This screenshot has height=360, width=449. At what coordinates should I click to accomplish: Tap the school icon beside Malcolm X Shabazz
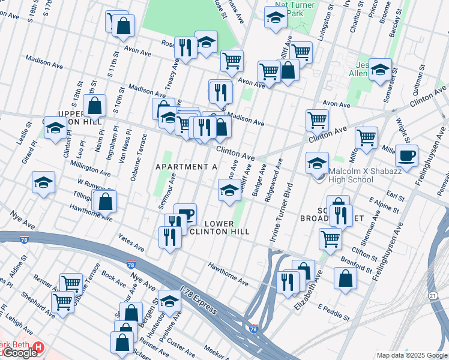coord(318,163)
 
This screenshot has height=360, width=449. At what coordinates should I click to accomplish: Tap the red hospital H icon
coord(38,347)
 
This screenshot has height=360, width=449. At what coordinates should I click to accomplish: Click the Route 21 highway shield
coord(432,296)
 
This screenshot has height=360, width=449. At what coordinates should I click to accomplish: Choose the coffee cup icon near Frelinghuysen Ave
coord(406,156)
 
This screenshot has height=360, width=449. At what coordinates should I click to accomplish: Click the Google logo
coord(19,352)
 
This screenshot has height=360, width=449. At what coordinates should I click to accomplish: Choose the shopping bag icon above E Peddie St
coord(345,278)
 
